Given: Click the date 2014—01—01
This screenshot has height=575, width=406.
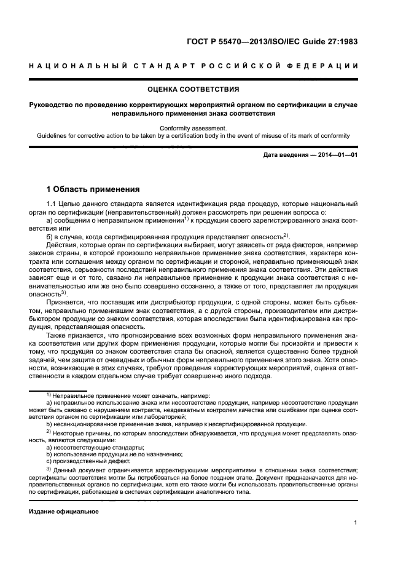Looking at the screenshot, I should tap(340, 154).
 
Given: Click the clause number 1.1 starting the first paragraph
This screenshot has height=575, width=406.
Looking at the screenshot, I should tap(52, 204).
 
